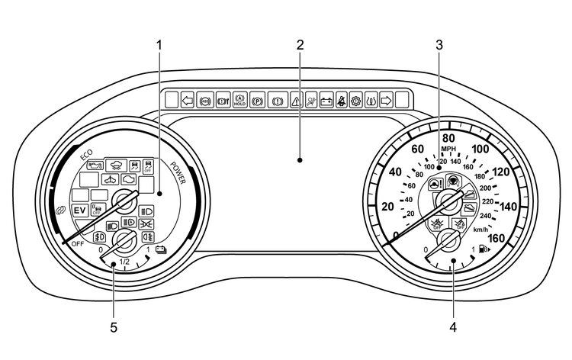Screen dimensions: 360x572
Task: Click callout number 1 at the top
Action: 159,44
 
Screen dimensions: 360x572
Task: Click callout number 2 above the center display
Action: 300,44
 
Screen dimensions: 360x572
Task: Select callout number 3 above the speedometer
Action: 439,44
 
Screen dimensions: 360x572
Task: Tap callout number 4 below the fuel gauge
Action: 455,329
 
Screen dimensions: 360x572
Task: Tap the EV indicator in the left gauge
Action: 79,210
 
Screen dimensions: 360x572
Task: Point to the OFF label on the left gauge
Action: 78,243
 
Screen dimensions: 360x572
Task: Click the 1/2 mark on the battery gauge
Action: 125,262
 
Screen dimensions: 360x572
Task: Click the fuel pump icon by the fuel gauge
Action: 487,249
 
